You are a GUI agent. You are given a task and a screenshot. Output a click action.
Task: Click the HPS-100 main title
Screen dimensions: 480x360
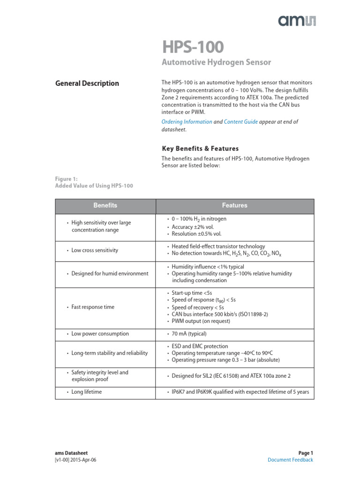pos(193,47)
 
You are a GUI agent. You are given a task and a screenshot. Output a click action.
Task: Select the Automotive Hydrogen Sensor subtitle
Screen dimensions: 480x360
pos(216,62)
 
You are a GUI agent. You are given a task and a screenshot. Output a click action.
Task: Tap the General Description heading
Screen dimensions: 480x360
pos(87,83)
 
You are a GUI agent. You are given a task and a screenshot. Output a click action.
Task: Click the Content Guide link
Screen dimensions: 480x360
pos(240,121)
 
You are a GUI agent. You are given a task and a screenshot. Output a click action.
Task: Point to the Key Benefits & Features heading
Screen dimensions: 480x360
pos(200,149)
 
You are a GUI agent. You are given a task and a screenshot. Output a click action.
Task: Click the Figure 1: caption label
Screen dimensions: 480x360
pos(66,179)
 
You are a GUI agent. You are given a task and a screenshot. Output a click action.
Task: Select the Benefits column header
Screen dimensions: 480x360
pos(105,206)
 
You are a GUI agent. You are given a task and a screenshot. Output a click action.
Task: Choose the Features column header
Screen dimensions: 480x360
pos(234,206)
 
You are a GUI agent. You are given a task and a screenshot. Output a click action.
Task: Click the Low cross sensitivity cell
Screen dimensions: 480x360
pos(95,250)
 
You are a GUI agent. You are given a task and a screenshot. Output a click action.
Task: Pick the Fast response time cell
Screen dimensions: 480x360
pos(93,307)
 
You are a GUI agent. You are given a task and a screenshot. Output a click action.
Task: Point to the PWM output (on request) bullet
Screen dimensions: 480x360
pos(201,321)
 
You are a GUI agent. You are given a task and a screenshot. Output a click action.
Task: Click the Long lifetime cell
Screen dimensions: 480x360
pos(86,392)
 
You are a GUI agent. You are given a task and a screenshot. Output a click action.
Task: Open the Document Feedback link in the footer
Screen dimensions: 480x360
pos(290,460)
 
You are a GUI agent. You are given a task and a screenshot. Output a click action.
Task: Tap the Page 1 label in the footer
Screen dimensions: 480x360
pos(305,453)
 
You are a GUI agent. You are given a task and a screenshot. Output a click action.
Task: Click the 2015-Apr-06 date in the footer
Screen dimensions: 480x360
pos(84,460)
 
